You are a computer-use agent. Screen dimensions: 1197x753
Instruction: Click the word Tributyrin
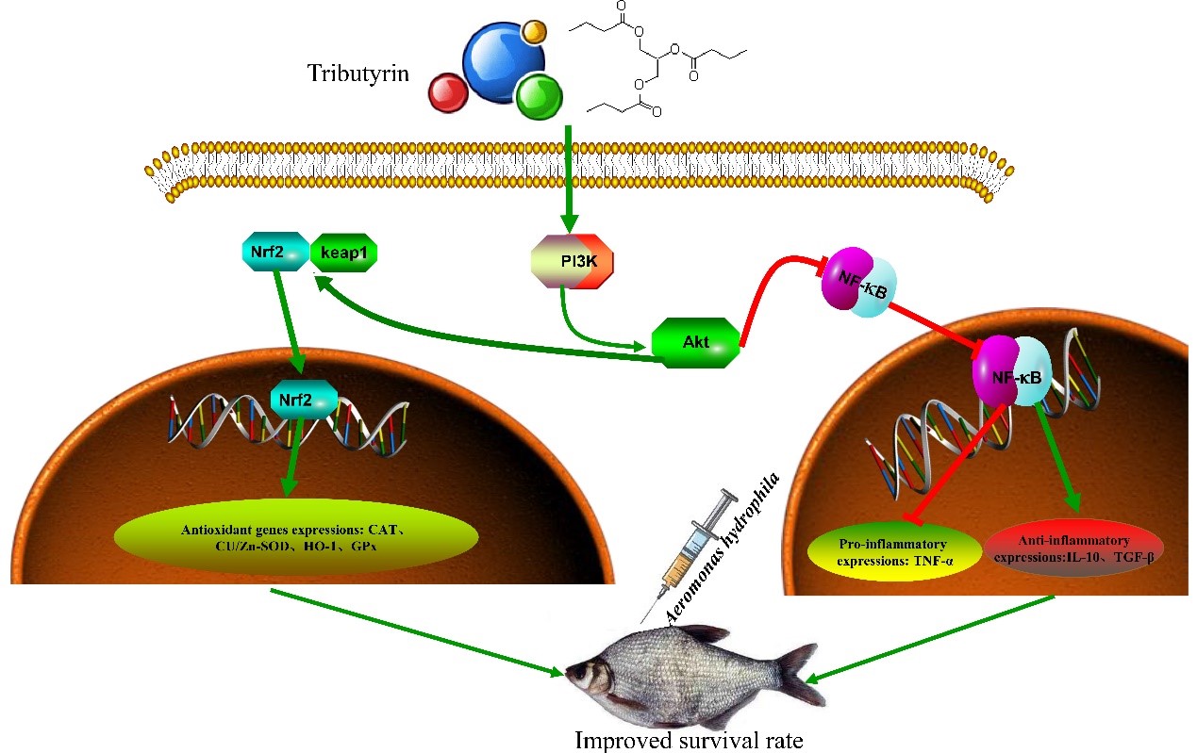click(358, 74)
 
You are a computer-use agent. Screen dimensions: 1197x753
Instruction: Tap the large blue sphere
click(504, 62)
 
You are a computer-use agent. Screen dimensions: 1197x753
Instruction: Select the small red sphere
click(448, 93)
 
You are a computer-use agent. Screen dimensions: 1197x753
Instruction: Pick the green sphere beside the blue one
click(540, 97)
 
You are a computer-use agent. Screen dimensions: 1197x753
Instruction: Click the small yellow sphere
click(533, 31)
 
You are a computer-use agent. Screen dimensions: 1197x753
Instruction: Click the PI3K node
click(573, 261)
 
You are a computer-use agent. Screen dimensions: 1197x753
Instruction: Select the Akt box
click(696, 342)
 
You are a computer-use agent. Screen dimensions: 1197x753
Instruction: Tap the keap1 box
click(343, 253)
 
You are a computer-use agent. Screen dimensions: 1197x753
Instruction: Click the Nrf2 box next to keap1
click(275, 252)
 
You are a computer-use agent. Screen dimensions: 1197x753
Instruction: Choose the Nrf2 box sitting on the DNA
click(304, 400)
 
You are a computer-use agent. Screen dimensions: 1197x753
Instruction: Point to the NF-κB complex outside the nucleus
click(858, 282)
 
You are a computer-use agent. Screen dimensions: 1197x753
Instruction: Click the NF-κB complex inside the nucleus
click(1012, 371)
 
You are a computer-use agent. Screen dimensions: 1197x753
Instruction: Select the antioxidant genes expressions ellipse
click(296, 537)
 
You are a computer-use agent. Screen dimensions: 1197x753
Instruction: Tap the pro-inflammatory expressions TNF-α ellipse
click(894, 552)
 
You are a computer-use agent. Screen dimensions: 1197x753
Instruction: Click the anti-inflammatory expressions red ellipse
click(1073, 548)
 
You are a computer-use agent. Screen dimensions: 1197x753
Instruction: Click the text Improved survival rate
click(689, 740)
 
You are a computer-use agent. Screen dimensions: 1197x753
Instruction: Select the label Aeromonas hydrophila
click(723, 548)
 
